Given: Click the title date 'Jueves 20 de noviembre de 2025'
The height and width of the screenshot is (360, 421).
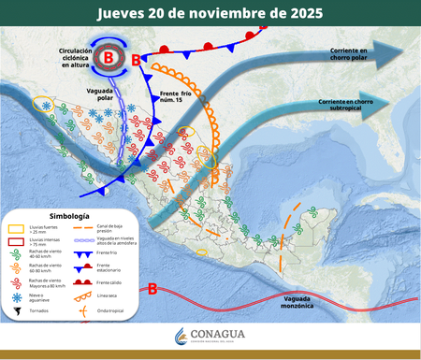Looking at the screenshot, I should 210,14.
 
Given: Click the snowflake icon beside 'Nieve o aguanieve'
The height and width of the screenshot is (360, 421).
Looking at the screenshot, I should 17,295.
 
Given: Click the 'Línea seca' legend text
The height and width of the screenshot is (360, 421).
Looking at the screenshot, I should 109,296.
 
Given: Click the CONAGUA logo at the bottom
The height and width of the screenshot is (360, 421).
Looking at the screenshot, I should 210,339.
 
